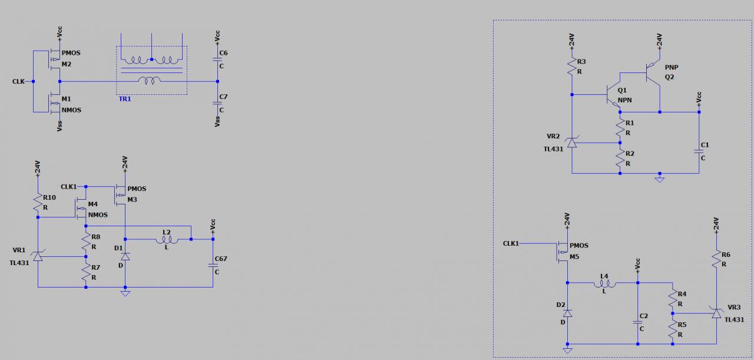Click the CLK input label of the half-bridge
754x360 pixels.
pyautogui.click(x=18, y=81)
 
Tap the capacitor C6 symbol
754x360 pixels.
pyautogui.click(x=217, y=59)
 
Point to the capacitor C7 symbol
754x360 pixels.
pyautogui.click(x=217, y=103)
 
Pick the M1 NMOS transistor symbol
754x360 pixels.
pyautogui.click(x=54, y=104)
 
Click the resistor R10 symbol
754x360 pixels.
pyautogui.click(x=38, y=203)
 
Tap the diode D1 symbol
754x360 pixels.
pyautogui.click(x=125, y=256)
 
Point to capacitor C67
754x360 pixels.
pyautogui.click(x=213, y=266)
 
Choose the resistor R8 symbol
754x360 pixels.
pyautogui.click(x=86, y=241)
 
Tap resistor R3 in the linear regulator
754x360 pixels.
pyautogui.click(x=571, y=67)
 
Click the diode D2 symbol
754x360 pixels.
pyautogui.click(x=567, y=312)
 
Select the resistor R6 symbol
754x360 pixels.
pyautogui.click(x=716, y=259)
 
